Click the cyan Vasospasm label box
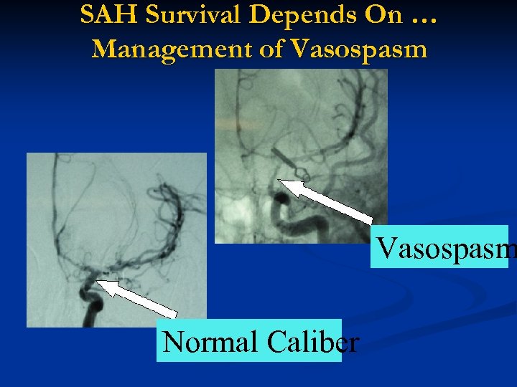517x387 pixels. click(439, 247)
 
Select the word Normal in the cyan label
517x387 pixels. click(211, 342)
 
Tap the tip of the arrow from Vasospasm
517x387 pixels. click(280, 181)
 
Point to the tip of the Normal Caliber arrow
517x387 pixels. click(98, 282)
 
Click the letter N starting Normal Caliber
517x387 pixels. click(173, 342)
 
